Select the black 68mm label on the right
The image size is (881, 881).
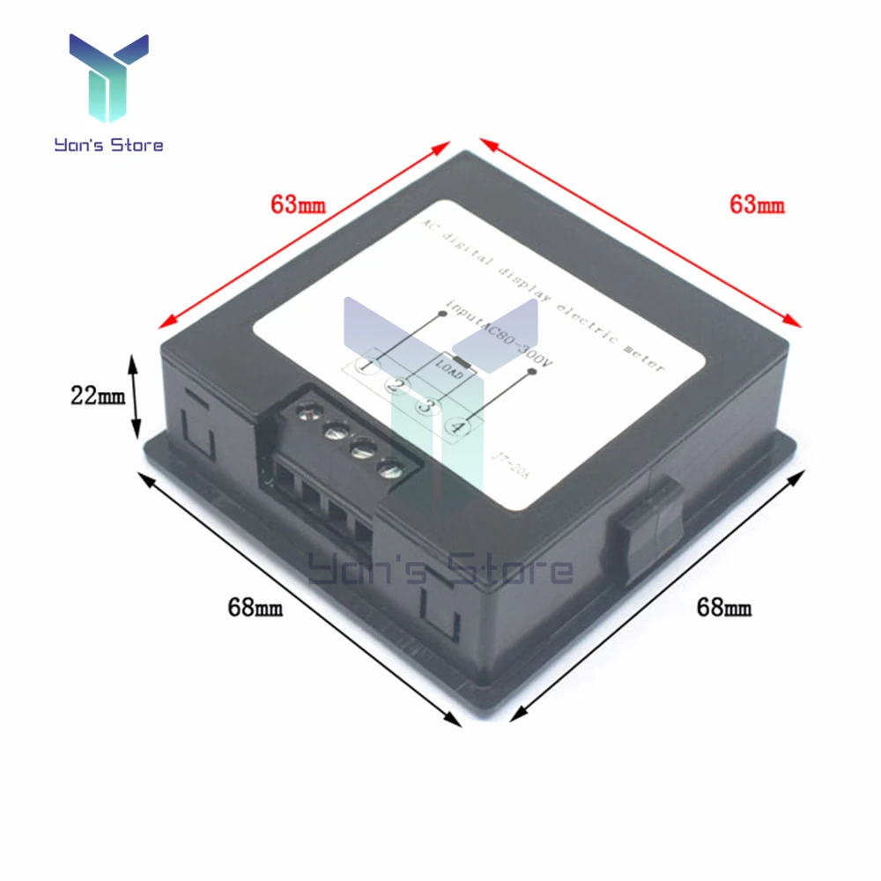723,606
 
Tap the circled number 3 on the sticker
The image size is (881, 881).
427,405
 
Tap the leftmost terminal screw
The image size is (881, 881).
308,411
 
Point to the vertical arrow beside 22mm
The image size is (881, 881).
135,396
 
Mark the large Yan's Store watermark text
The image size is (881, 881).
440,570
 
